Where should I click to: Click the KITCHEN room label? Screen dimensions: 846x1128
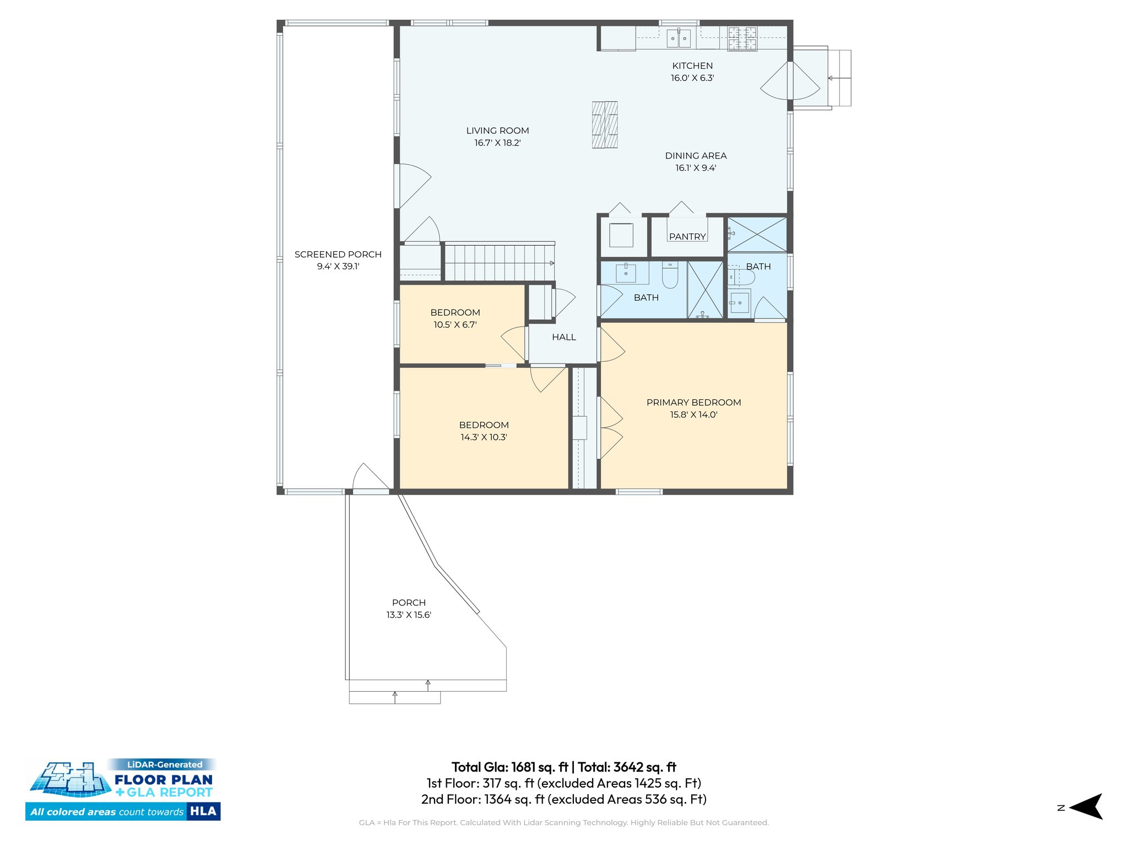click(x=692, y=66)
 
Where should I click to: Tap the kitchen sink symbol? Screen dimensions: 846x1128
click(x=679, y=39)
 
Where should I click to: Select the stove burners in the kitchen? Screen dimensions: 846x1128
click(x=742, y=39)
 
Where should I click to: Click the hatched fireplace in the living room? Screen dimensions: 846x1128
click(x=605, y=125)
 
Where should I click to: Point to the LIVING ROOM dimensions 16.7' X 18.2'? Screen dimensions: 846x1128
click(x=497, y=143)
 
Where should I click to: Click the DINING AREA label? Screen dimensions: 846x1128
click(x=696, y=156)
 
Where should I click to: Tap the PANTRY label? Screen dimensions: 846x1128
click(x=687, y=237)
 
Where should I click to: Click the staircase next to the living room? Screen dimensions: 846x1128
click(x=498, y=263)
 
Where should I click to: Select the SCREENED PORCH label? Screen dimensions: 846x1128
click(x=338, y=254)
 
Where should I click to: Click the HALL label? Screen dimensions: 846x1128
click(x=564, y=337)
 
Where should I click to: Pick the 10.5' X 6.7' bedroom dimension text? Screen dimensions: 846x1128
click(x=455, y=325)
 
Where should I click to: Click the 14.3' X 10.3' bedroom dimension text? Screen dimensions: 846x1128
click(x=484, y=437)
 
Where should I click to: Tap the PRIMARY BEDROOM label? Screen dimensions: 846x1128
click(x=693, y=403)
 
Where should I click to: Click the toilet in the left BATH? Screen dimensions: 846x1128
click(x=669, y=275)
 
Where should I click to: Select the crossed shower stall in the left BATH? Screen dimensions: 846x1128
click(x=705, y=290)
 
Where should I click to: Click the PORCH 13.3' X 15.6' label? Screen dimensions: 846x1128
click(x=409, y=609)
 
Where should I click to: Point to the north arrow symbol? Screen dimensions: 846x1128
click(x=1085, y=807)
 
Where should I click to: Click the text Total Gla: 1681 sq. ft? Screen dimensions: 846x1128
click(x=509, y=767)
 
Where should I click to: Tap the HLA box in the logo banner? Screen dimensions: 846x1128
click(x=203, y=811)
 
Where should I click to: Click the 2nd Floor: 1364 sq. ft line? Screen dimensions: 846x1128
click(x=563, y=799)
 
